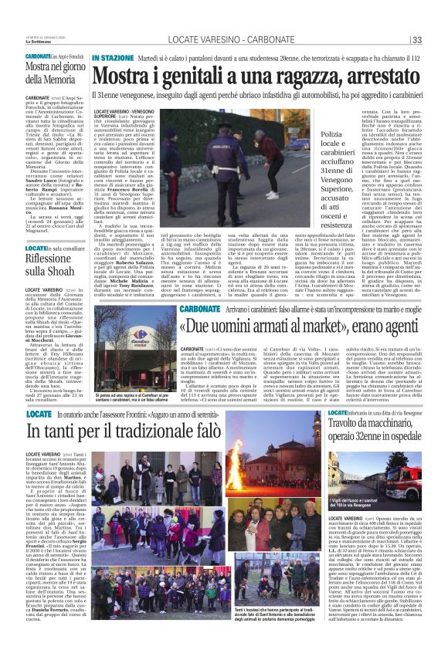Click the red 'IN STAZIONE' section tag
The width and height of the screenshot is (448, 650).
click(x=113, y=59)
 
